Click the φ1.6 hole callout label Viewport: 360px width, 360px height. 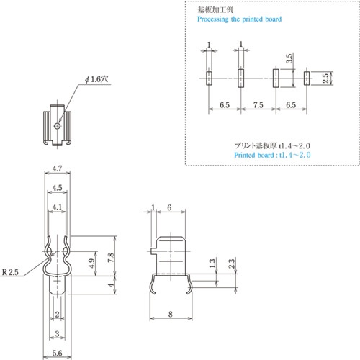pyautogui.click(x=96, y=79)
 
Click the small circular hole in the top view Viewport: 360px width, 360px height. pyautogui.click(x=57, y=125)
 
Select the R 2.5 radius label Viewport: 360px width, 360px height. pyautogui.click(x=10, y=272)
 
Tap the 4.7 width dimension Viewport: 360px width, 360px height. pyautogui.click(x=57, y=168)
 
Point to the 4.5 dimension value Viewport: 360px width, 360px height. pyautogui.click(x=57, y=188)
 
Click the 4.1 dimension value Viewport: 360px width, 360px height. pyautogui.click(x=57, y=207)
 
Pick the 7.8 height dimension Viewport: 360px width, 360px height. pyautogui.click(x=111, y=258)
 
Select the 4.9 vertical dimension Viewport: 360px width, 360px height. pyautogui.click(x=91, y=264)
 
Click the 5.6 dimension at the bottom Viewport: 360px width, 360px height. pyautogui.click(x=57, y=353)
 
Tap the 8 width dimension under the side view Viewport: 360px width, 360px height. pyautogui.click(x=171, y=314)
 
